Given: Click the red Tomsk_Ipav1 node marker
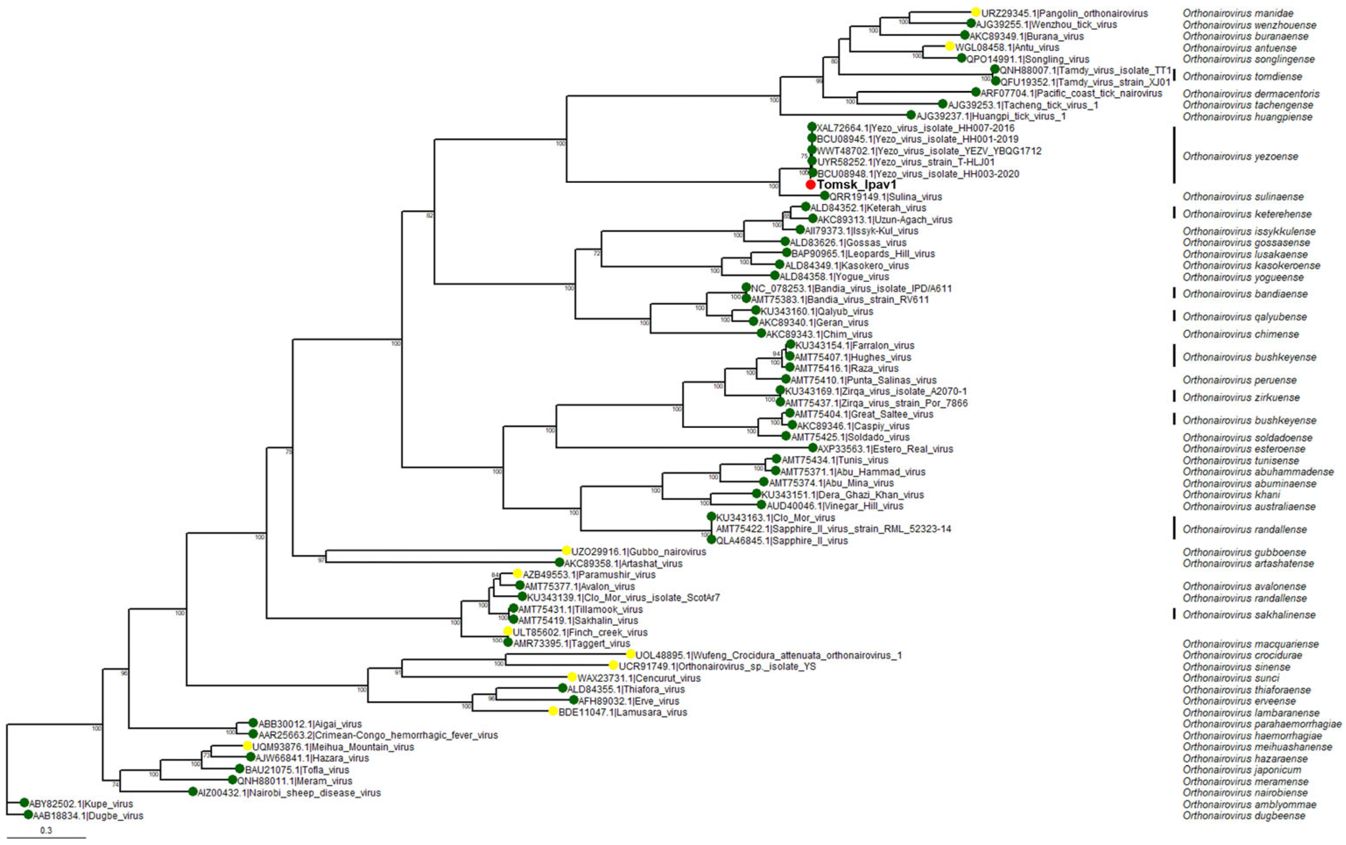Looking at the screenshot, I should (x=811, y=184).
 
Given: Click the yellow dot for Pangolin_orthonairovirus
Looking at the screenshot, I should (x=975, y=12).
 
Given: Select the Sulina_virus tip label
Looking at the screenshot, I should (x=886, y=197).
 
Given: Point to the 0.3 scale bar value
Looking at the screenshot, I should (x=46, y=831).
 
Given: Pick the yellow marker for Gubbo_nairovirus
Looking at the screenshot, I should (x=566, y=551).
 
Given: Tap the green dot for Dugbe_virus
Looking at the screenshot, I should (x=28, y=815).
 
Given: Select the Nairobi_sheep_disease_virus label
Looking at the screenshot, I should (x=289, y=793).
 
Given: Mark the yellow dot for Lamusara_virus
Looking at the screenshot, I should (x=553, y=712).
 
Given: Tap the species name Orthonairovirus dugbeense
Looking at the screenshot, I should (x=1244, y=816).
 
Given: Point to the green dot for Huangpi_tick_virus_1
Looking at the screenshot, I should (x=911, y=115).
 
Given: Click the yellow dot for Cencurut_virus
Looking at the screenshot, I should (x=572, y=677).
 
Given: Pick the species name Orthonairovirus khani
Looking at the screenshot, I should (x=1231, y=494).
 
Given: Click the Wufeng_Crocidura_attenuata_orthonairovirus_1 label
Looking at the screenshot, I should (x=769, y=656).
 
